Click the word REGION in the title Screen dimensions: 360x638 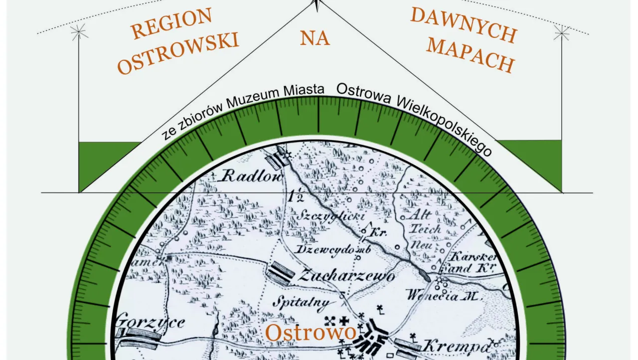(171, 23)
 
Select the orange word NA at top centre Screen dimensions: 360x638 (315, 37)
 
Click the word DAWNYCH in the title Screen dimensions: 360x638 (463, 24)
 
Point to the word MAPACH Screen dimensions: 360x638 (471, 55)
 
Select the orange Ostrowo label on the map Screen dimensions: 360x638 (311, 333)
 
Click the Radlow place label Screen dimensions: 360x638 (252, 176)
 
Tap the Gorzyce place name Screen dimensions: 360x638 (150, 322)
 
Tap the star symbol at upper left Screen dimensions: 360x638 (79, 32)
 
